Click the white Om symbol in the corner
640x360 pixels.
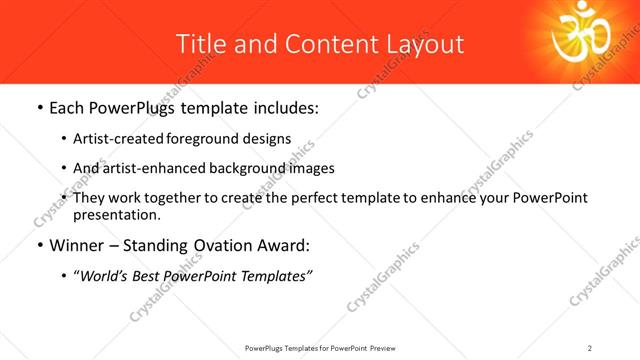[586, 38]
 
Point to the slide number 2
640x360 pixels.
[590, 347]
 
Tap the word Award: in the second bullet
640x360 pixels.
[286, 244]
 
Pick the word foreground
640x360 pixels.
[196, 139]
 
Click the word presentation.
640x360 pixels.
[116, 214]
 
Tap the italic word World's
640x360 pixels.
[104, 274]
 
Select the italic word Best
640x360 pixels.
[148, 274]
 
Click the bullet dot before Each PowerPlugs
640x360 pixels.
[39, 106]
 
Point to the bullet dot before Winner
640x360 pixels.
[39, 245]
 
